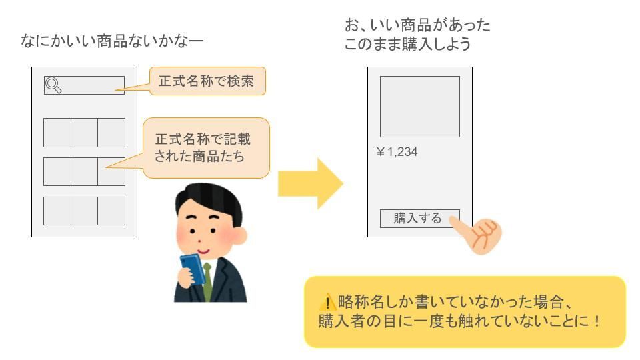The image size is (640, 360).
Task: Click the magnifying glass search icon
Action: click(53, 85)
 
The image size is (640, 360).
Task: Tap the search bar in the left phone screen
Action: click(90, 85)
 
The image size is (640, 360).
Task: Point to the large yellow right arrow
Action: click(309, 183)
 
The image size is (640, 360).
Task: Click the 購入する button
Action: click(419, 218)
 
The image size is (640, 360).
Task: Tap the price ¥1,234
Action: click(397, 152)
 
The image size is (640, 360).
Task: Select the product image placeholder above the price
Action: click(419, 107)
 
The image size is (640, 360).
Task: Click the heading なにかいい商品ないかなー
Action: click(112, 42)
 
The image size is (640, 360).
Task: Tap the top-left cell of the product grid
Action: click(57, 132)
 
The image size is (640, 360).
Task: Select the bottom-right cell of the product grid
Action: click(111, 211)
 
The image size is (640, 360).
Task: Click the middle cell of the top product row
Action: click(84, 132)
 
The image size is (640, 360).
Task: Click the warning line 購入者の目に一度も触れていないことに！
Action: click(460, 321)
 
